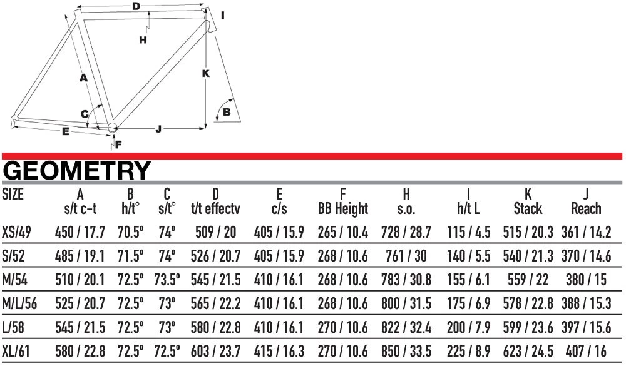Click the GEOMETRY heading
[76, 170]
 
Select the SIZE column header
[13, 194]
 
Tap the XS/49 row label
[16, 232]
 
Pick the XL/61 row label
[16, 351]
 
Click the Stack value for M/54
[528, 280]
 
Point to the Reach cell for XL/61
[586, 351]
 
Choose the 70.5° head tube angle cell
[130, 232]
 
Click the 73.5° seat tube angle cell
[167, 280]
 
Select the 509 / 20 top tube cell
[215, 232]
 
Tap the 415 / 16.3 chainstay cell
[279, 351]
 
